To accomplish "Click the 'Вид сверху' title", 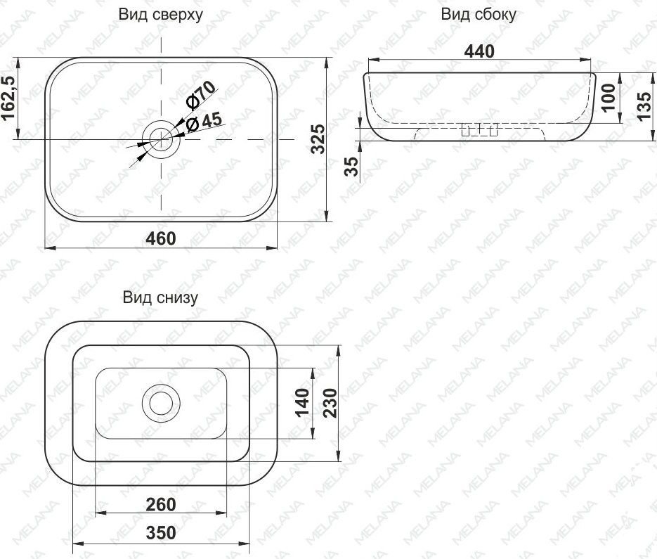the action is [160, 14].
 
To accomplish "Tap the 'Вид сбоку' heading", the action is [479, 14].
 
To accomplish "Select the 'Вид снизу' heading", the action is [160, 297].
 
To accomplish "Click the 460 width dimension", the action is [161, 238].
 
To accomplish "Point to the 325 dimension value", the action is [318, 139].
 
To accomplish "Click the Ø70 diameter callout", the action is [201, 95].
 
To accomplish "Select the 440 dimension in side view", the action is [479, 51].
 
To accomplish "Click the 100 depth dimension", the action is [609, 97].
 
